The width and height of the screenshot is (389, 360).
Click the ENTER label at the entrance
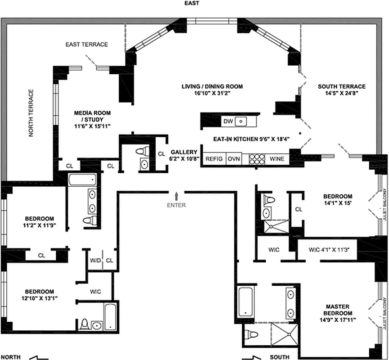pyautogui.click(x=176, y=205)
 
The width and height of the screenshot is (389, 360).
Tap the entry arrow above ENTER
pyautogui.click(x=176, y=196)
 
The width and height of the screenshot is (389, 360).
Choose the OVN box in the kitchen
pyautogui.click(x=233, y=159)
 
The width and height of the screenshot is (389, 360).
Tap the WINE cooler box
pyautogui.click(x=276, y=159)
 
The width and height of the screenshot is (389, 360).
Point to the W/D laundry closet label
pyautogui.click(x=95, y=261)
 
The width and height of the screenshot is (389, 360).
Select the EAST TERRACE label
pyautogui.click(x=86, y=45)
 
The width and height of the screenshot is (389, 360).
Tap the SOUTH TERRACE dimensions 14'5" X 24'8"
pyautogui.click(x=342, y=94)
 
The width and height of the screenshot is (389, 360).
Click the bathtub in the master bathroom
pyautogui.click(x=246, y=301)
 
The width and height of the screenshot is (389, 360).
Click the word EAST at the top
pyautogui.click(x=191, y=3)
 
